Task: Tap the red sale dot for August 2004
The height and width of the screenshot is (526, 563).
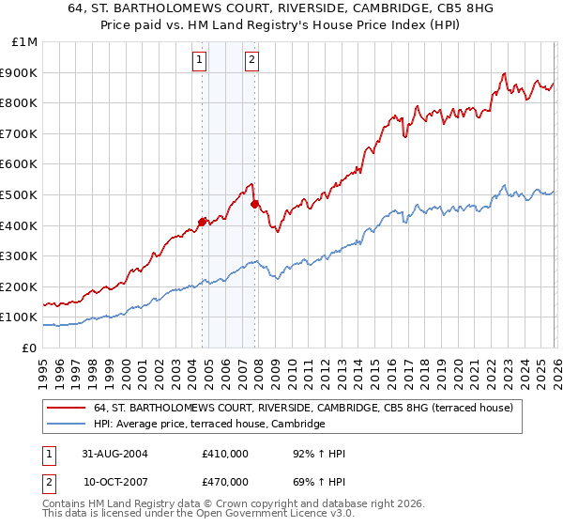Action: pos(202,223)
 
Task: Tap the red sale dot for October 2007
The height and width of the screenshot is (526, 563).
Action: pos(254,202)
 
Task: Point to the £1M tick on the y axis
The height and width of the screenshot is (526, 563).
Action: pos(25,42)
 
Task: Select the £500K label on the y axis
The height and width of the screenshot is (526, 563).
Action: pos(19,194)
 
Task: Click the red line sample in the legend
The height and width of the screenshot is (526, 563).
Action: pos(67,408)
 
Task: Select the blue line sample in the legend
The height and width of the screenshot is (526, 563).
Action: pos(67,425)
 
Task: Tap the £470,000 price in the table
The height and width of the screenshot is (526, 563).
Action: pos(224,481)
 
